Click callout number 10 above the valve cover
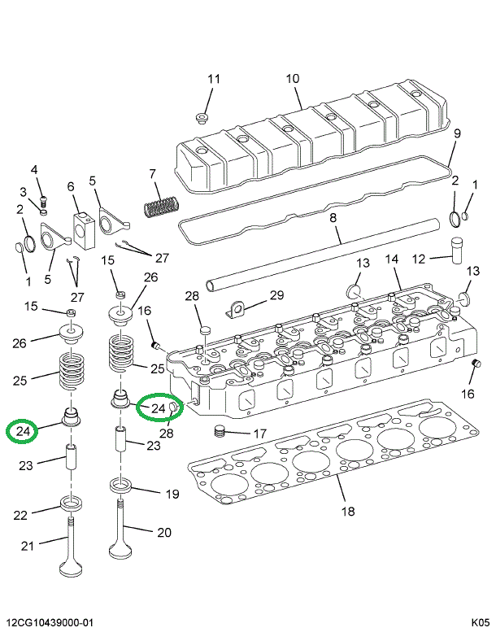coord(292,79)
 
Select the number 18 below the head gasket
coord(348,512)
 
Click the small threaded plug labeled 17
coord(217,431)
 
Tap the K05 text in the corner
coord(480,622)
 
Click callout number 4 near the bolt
coord(34,169)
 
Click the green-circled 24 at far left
coord(23,431)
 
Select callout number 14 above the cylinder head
coord(392,259)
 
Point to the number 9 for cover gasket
coord(457,133)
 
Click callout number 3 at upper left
coord(24,191)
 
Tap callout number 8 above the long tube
coord(333,217)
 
